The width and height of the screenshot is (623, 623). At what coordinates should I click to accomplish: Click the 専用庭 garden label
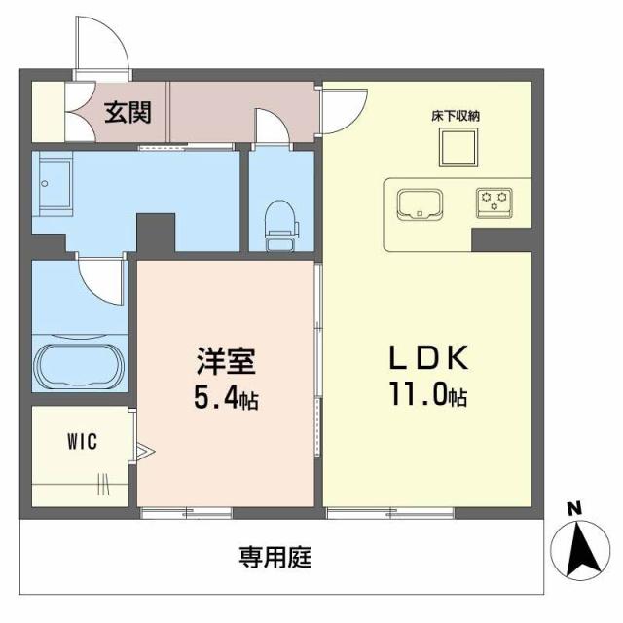[x=275, y=558]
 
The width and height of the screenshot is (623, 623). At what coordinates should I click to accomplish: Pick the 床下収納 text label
[x=456, y=116]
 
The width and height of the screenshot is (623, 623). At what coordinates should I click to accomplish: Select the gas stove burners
[x=493, y=202]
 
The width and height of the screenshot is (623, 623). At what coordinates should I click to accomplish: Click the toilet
[x=280, y=221]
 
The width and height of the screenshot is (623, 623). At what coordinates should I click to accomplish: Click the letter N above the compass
[x=574, y=508]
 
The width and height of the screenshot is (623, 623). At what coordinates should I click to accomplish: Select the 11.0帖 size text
[x=428, y=397]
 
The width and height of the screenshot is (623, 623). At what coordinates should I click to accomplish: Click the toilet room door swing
[x=272, y=127]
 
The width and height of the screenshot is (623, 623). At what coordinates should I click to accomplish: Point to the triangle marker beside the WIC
[x=144, y=450]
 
